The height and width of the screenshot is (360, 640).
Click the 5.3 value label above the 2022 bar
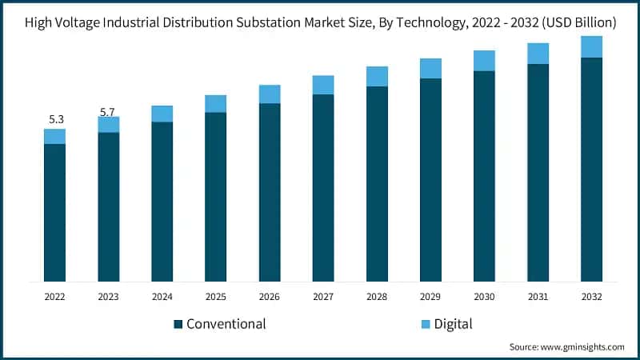[x=56, y=119]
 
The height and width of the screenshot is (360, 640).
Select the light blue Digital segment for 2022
[x=55, y=136]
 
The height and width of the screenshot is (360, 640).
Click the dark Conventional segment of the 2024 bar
[x=162, y=200]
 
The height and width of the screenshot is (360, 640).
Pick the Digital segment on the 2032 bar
[x=591, y=46]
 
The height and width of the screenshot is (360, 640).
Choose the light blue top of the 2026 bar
[x=270, y=94]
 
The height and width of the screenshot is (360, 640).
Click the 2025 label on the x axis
[x=216, y=295]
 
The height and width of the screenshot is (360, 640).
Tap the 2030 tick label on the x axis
[x=484, y=295]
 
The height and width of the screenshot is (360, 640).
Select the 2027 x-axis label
[x=323, y=295]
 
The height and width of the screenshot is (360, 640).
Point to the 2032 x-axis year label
[x=591, y=295]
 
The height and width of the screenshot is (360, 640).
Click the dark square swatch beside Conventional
[x=178, y=324]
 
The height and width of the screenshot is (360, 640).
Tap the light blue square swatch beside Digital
[x=426, y=324]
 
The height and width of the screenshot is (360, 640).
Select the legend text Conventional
[x=226, y=324]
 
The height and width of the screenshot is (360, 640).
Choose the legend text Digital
[x=454, y=324]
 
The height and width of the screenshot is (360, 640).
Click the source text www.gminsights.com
[x=583, y=346]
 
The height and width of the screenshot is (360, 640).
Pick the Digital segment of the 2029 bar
[x=430, y=68]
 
